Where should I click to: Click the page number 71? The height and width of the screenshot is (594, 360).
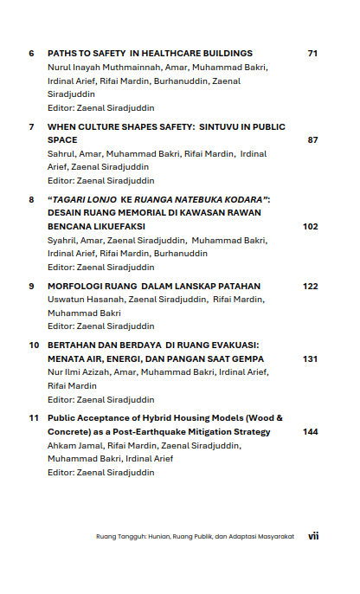pyautogui.click(x=312, y=54)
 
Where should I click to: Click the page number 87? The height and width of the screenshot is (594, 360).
pyautogui.click(x=312, y=139)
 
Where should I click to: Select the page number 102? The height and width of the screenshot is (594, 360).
pyautogui.click(x=311, y=226)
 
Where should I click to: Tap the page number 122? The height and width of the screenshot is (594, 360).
pyautogui.click(x=311, y=286)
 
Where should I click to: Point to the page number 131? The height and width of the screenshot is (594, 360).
pyautogui.click(x=311, y=358)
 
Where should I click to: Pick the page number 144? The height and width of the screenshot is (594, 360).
pyautogui.click(x=311, y=431)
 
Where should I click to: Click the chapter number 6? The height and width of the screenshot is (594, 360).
pyautogui.click(x=31, y=54)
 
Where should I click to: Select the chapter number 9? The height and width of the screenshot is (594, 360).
pyautogui.click(x=31, y=286)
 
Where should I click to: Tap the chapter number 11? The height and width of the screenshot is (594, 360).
pyautogui.click(x=33, y=418)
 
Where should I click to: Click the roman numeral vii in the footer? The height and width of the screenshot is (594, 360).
pyautogui.click(x=313, y=536)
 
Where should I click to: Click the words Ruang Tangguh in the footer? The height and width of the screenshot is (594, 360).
pyautogui.click(x=118, y=537)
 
